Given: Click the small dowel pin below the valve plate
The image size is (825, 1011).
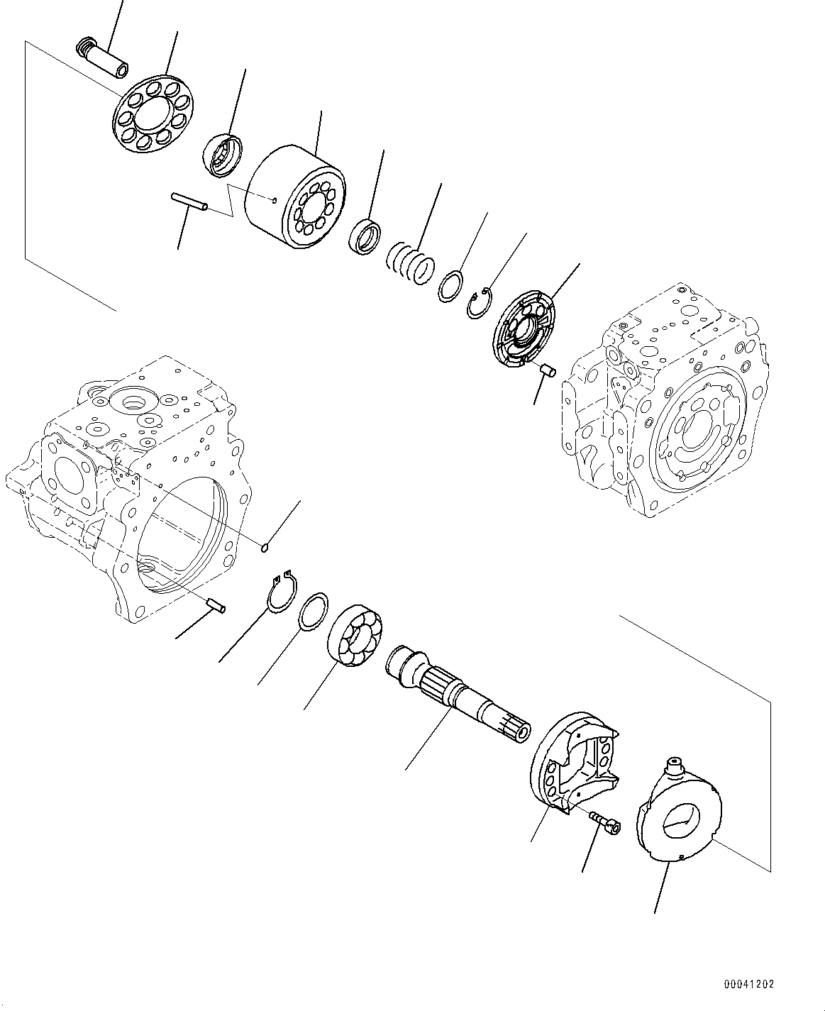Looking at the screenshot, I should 547,371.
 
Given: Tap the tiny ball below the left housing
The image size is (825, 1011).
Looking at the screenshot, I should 265,546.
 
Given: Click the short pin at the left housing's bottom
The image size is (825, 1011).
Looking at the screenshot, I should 215,605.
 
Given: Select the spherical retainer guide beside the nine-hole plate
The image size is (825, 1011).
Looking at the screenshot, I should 223,153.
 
